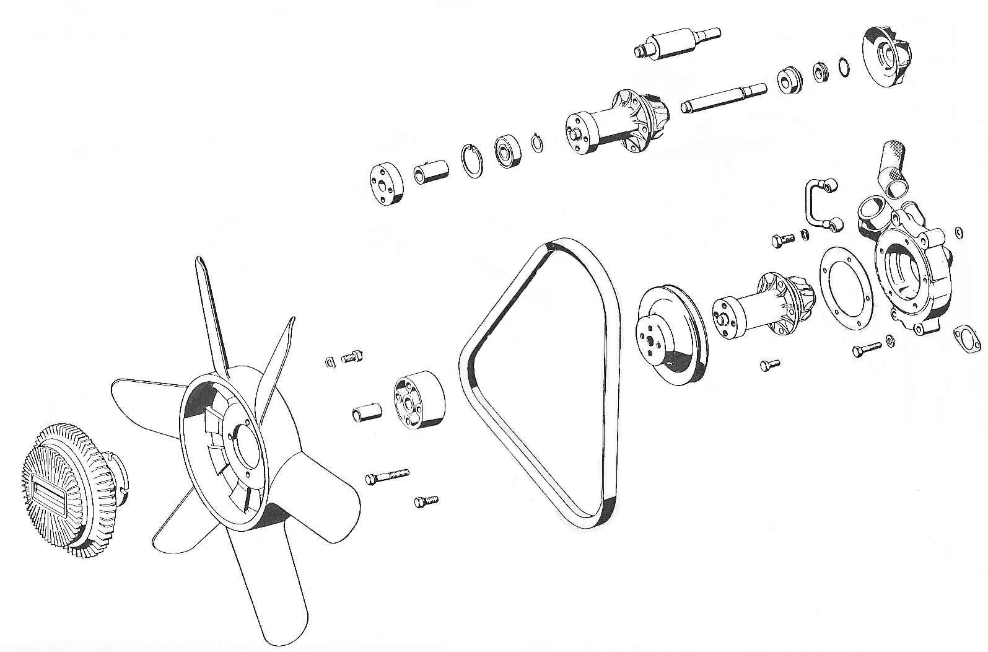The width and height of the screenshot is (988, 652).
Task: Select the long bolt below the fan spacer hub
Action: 387,477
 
